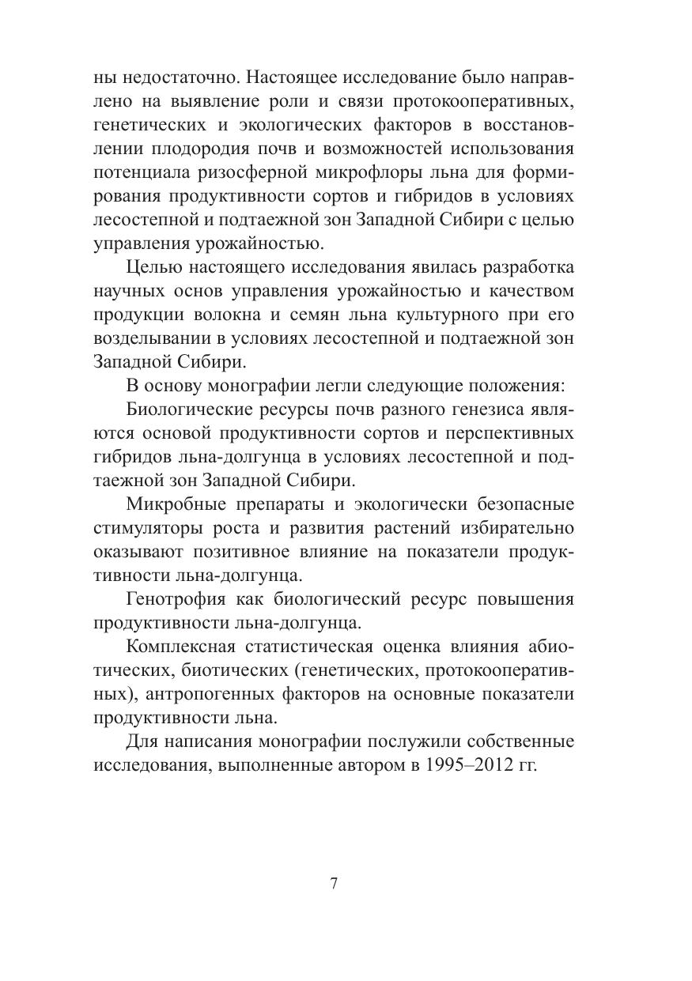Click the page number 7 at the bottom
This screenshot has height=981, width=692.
click(x=334, y=884)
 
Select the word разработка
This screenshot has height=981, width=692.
click(x=524, y=268)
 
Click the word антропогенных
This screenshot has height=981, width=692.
click(x=225, y=694)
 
